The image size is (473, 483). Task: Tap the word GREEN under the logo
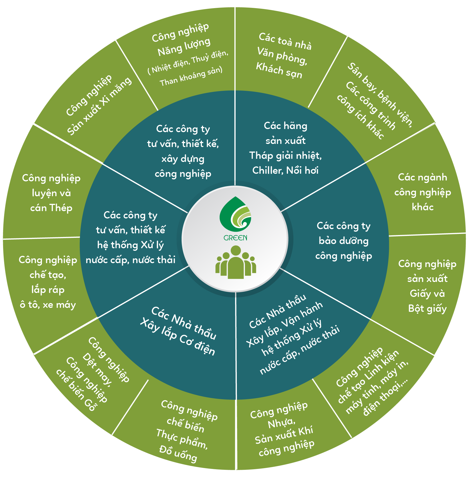[235, 238]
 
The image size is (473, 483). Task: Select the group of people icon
[236, 263]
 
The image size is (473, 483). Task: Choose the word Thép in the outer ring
[61, 208]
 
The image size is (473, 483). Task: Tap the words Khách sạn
[279, 70]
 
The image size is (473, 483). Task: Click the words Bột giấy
[427, 308]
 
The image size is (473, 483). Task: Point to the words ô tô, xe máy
[48, 304]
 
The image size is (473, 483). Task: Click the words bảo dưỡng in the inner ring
[344, 241]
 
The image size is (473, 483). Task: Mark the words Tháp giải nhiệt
[285, 155]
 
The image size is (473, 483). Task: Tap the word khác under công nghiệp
[422, 207]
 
